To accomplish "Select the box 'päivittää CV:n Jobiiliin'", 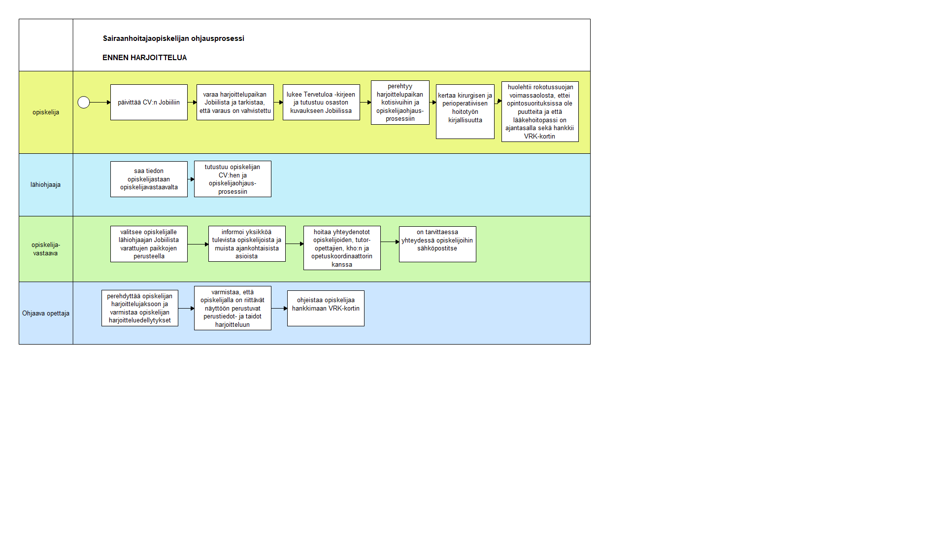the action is click(x=149, y=103).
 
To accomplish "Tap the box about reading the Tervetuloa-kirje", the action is click(x=321, y=103).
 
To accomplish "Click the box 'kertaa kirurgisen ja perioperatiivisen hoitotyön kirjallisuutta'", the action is click(x=465, y=111).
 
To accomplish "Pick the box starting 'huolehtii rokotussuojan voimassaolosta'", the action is click(x=540, y=112).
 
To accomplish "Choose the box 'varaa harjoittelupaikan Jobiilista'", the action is click(x=235, y=103).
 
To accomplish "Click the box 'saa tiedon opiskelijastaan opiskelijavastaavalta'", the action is click(x=149, y=179).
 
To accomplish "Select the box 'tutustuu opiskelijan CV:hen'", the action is click(x=233, y=179).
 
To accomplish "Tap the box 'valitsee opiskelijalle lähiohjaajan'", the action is click(x=149, y=244).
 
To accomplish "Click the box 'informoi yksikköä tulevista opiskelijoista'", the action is click(x=247, y=244).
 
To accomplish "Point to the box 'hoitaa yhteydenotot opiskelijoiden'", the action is click(x=342, y=248).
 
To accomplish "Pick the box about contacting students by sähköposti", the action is click(x=437, y=244).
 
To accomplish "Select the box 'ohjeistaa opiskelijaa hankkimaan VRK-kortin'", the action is click(x=326, y=308).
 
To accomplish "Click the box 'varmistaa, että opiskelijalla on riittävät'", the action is click(x=233, y=308).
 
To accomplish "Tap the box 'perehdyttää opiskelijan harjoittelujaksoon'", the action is click(x=140, y=308).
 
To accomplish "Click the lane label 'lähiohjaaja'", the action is click(x=46, y=185).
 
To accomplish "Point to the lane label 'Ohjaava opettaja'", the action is click(x=46, y=313).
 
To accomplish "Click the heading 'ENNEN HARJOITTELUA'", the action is click(x=145, y=58).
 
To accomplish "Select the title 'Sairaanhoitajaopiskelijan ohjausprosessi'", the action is click(x=173, y=38).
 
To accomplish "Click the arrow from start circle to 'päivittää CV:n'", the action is click(x=100, y=103).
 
